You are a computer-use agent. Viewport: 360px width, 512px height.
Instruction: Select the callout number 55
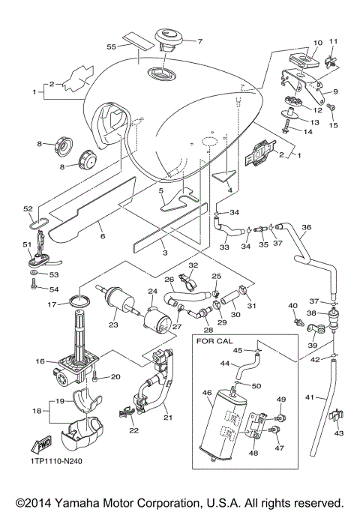(x=111, y=46)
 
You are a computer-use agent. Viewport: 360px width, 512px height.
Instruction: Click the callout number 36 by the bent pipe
(x=305, y=228)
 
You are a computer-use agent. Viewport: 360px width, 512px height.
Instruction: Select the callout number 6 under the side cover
(x=102, y=237)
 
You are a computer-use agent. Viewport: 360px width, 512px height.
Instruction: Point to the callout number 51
(x=26, y=244)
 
